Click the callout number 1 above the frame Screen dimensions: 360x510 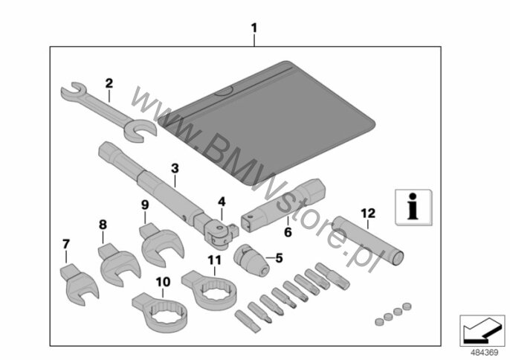[254, 29]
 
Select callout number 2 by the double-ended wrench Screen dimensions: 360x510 [109, 83]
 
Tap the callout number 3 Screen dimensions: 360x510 [175, 168]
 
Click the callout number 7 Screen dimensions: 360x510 [66, 243]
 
